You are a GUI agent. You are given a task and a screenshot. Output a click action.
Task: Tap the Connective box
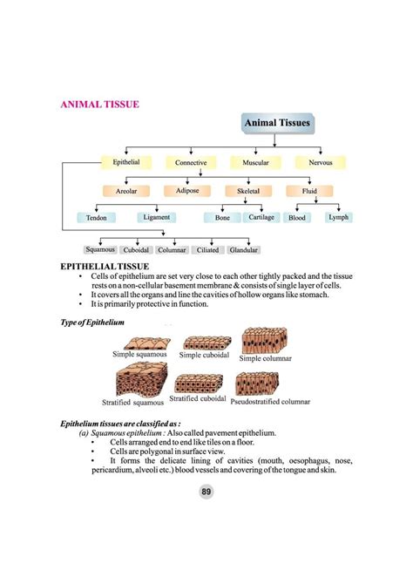click(x=191, y=163)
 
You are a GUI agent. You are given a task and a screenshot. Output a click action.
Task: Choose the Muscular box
click(x=254, y=163)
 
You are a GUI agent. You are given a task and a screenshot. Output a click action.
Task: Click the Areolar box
click(x=126, y=190)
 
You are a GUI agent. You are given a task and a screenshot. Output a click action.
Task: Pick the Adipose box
click(x=187, y=190)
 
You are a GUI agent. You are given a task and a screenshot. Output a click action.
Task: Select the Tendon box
click(x=96, y=218)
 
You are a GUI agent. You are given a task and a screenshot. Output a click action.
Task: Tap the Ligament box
click(x=157, y=217)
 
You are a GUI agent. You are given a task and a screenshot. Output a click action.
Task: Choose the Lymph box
click(x=339, y=217)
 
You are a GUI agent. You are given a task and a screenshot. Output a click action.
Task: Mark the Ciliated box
click(x=208, y=250)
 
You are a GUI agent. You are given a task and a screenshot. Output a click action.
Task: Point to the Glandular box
click(x=243, y=250)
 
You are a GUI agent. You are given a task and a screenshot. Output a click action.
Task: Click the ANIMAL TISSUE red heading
click(x=99, y=104)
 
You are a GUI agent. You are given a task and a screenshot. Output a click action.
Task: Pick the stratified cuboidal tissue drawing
click(x=199, y=384)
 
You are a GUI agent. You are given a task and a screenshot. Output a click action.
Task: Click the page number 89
click(x=206, y=492)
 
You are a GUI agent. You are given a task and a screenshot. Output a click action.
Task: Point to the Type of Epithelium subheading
click(x=92, y=322)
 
